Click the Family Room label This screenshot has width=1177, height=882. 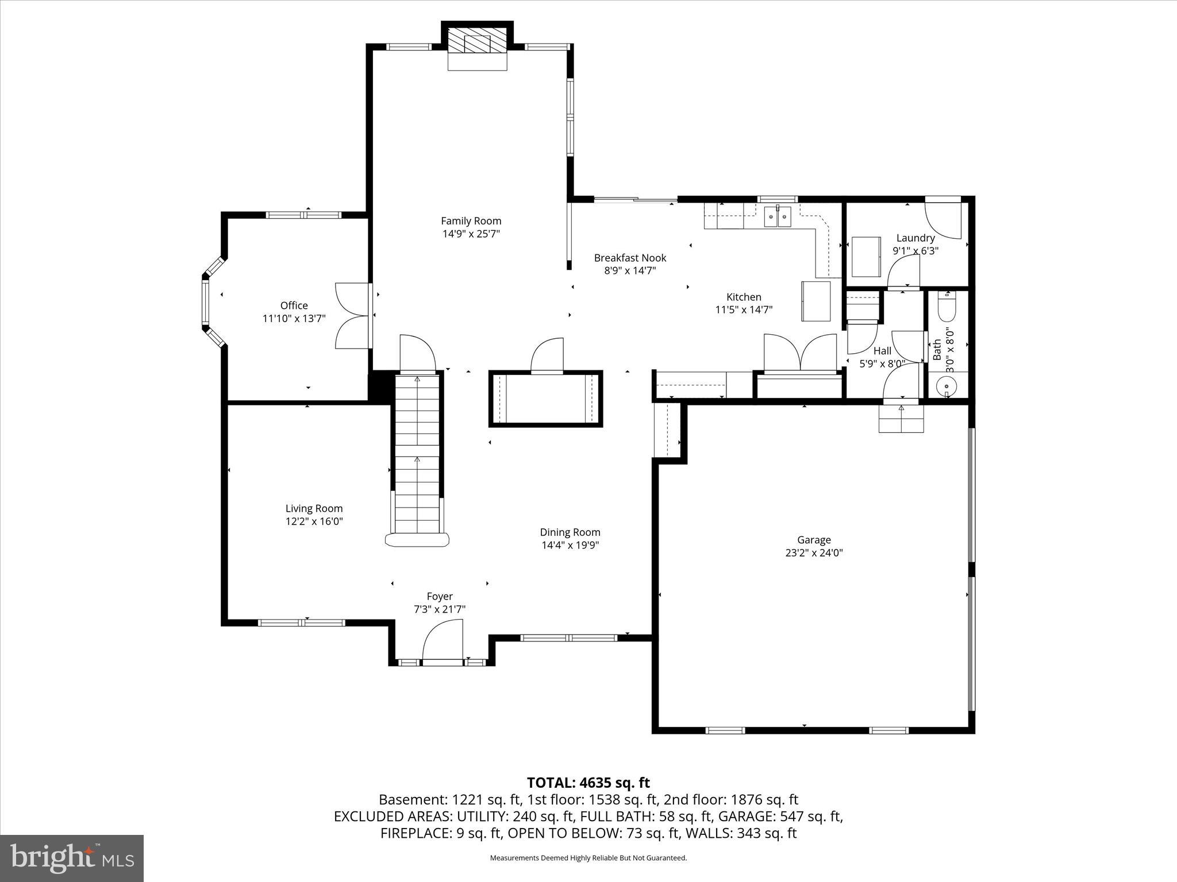pos(471,221)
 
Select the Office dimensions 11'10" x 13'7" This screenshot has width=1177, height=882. pos(294,319)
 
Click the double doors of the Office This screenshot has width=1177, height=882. pos(352,315)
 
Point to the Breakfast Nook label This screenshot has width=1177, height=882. pos(630,258)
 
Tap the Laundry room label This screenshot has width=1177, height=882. pos(915,238)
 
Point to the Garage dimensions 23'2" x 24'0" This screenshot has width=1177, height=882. pos(813,553)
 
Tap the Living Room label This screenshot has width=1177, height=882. pos(314,508)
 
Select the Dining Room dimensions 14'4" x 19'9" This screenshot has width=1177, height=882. pos(570,546)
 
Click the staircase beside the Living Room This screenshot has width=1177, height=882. pos(417,454)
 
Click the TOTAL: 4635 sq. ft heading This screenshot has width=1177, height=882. pos(588,783)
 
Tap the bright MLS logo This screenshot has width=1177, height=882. pos(72,858)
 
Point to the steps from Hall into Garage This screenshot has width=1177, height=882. pos(901,419)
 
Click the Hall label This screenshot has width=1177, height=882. pos(882,351)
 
